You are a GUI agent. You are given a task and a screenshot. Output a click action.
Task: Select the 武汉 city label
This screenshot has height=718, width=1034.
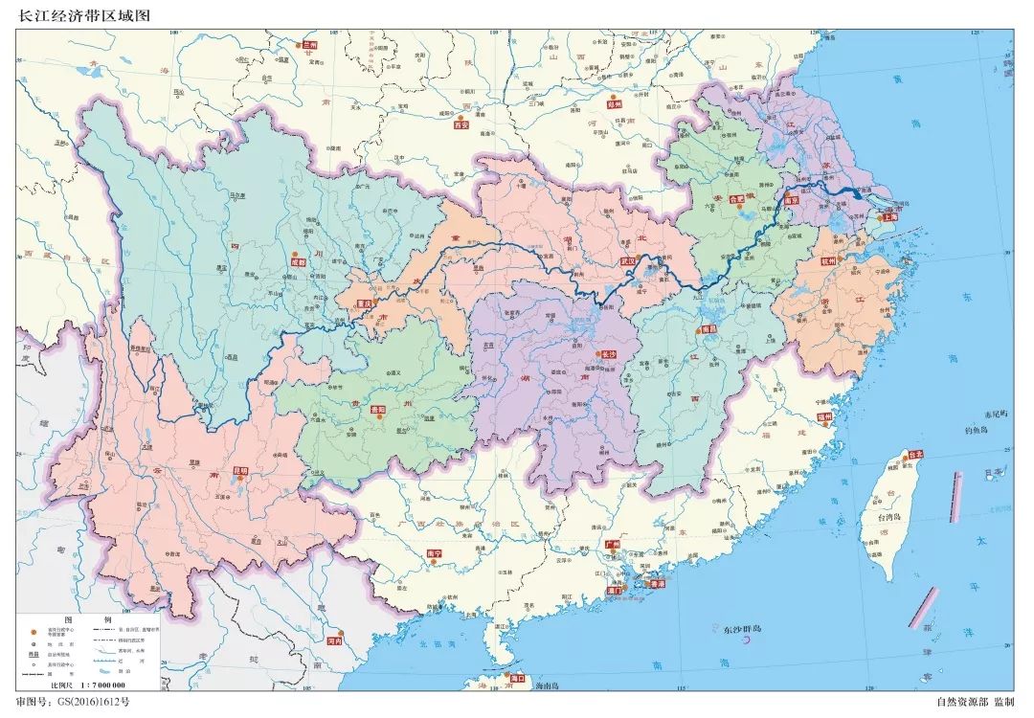(x=628, y=260)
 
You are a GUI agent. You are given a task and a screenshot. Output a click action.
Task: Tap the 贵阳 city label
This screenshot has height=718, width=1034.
(x=377, y=409)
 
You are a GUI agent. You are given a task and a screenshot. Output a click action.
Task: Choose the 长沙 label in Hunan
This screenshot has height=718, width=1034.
(x=609, y=354)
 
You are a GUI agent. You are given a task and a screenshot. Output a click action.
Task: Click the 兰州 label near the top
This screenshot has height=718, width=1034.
(x=309, y=44)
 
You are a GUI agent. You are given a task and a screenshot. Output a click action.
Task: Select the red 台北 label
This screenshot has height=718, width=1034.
(x=914, y=456)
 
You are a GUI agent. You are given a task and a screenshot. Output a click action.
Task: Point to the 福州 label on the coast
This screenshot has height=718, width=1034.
(x=826, y=416)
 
